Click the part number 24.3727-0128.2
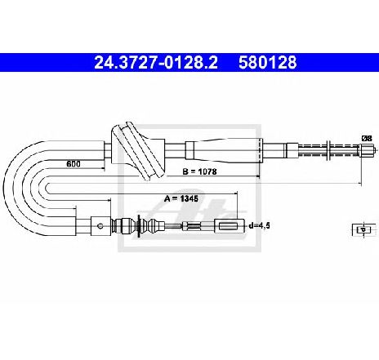[156, 62]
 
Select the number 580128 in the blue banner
[268, 62]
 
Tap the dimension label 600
[74, 163]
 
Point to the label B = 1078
[199, 171]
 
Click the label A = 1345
[181, 198]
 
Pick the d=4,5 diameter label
[259, 225]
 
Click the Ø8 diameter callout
[367, 138]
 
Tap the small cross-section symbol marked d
[363, 229]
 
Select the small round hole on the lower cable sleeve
[100, 226]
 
